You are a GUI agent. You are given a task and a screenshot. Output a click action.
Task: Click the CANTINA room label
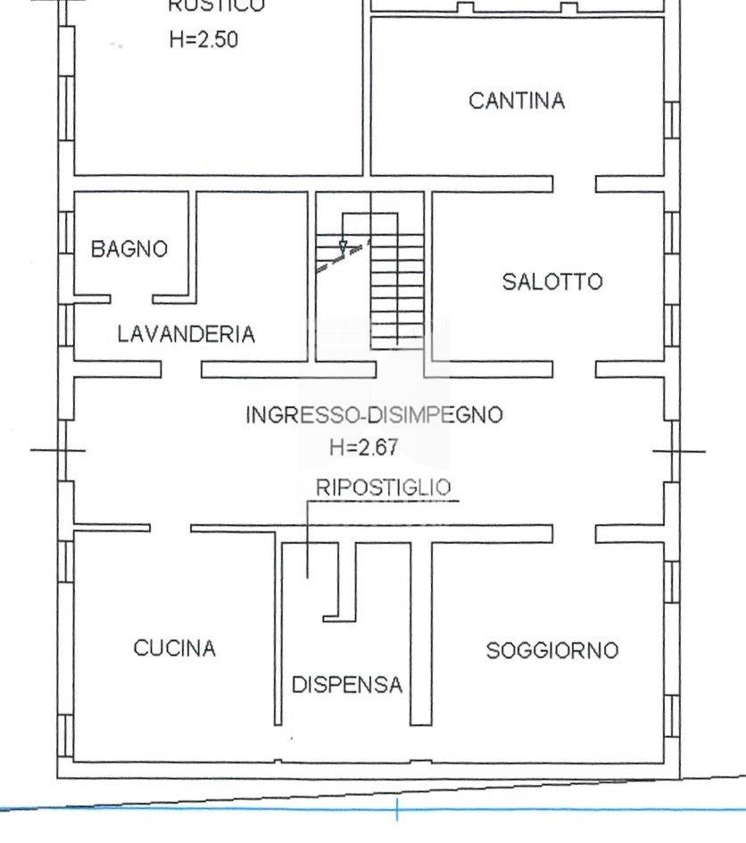(517, 101)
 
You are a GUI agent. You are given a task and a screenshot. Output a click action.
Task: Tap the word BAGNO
(129, 249)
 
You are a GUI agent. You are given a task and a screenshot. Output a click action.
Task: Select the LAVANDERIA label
(186, 334)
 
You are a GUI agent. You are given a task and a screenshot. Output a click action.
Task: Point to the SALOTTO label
(552, 282)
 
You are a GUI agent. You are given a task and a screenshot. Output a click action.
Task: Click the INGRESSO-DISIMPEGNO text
(374, 415)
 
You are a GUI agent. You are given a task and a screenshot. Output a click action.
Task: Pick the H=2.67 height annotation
(363, 447)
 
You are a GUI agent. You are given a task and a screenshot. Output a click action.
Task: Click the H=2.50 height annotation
(203, 40)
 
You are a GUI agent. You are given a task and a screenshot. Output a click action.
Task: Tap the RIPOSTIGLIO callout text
(383, 488)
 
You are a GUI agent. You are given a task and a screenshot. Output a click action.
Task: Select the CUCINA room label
(175, 648)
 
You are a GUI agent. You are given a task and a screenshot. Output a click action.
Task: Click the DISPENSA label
(347, 685)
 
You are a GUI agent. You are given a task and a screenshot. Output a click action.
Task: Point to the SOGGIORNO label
(551, 651)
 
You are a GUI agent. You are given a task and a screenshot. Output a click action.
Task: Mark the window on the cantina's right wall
(671, 120)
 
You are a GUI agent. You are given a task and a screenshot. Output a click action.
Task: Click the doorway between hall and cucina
(170, 528)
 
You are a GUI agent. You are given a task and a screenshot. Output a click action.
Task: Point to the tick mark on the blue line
(397, 810)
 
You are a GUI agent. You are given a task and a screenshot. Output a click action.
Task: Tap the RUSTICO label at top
(216, 6)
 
